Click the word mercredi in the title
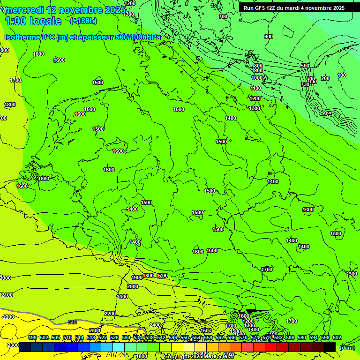[24, 10]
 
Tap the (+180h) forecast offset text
[83, 21]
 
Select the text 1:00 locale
[33, 21]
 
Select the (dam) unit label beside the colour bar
[346, 347]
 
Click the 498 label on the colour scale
[32, 337]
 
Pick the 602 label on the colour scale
[337, 337]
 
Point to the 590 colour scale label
[302, 337]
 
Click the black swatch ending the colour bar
[330, 347]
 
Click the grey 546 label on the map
[72, 322]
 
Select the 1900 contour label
[137, 277]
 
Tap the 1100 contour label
[255, 88]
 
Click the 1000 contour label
[257, 78]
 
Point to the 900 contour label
[258, 71]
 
